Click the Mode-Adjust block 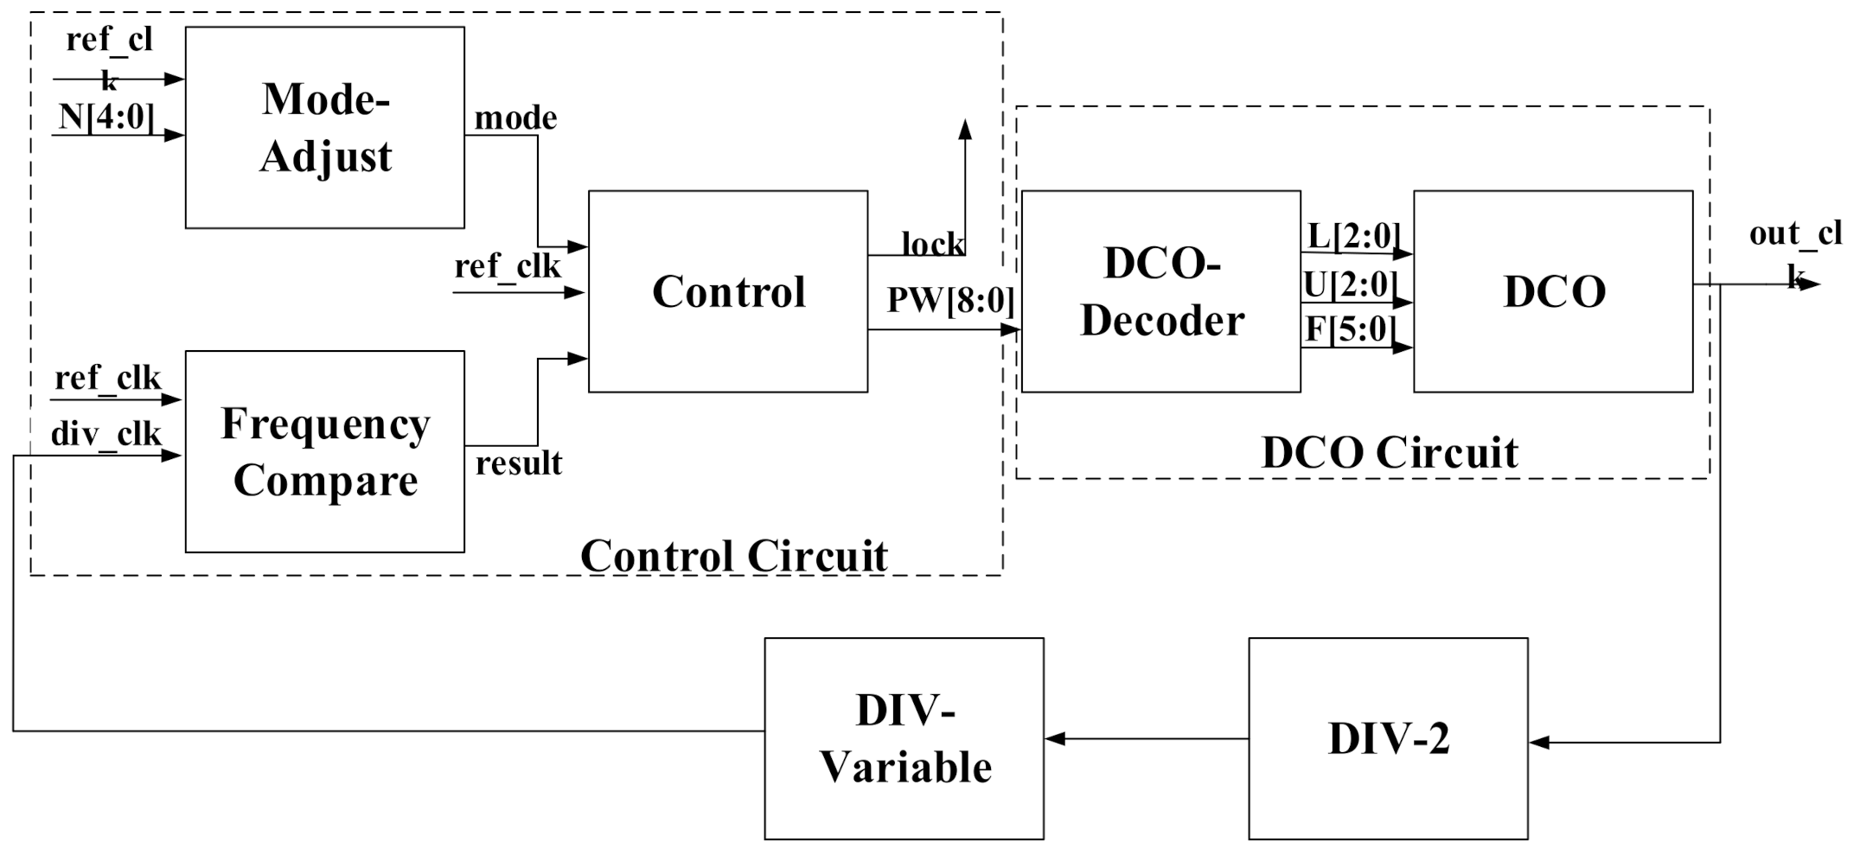click(x=324, y=128)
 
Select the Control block click(x=727, y=291)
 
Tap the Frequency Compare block click(x=324, y=451)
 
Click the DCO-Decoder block click(x=1160, y=291)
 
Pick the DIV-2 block click(x=1387, y=738)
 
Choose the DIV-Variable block click(x=904, y=738)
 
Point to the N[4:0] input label click(x=106, y=117)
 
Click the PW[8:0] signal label click(x=949, y=301)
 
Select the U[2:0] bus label click(x=1351, y=284)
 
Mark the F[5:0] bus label click(x=1351, y=329)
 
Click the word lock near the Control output click(x=932, y=245)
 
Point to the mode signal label click(x=515, y=118)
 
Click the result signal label click(x=519, y=463)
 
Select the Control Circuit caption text click(x=733, y=556)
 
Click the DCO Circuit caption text click(x=1389, y=452)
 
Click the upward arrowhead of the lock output click(x=965, y=130)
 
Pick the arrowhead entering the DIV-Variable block click(x=1055, y=739)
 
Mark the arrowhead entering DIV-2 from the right click(x=1539, y=743)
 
